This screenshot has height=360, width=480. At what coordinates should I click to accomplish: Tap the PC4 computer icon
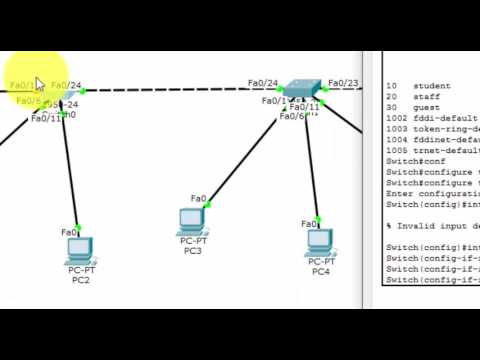coord(319,241)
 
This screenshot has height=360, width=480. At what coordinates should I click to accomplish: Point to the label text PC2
coord(81,281)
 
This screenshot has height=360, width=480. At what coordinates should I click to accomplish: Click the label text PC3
coord(192,250)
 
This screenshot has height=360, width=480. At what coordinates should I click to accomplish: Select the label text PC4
coord(320,272)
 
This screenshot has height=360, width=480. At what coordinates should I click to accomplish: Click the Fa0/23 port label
coord(343,84)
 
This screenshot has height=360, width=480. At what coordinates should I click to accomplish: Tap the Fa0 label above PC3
coord(198,199)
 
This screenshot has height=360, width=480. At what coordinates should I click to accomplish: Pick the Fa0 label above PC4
coord(310,225)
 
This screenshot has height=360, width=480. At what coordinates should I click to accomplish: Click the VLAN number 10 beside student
coord(391,87)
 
